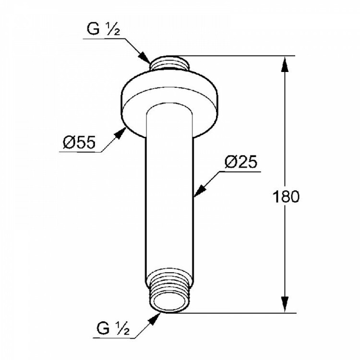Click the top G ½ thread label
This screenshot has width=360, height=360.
(x=103, y=30)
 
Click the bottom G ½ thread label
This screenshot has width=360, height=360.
(x=113, y=328)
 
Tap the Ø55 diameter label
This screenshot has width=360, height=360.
(x=79, y=143)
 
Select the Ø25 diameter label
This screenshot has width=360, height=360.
(x=241, y=162)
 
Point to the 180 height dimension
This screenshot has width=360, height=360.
(x=286, y=196)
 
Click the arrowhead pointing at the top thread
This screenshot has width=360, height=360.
(x=145, y=58)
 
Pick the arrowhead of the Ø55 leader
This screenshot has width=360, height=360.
(x=120, y=133)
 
